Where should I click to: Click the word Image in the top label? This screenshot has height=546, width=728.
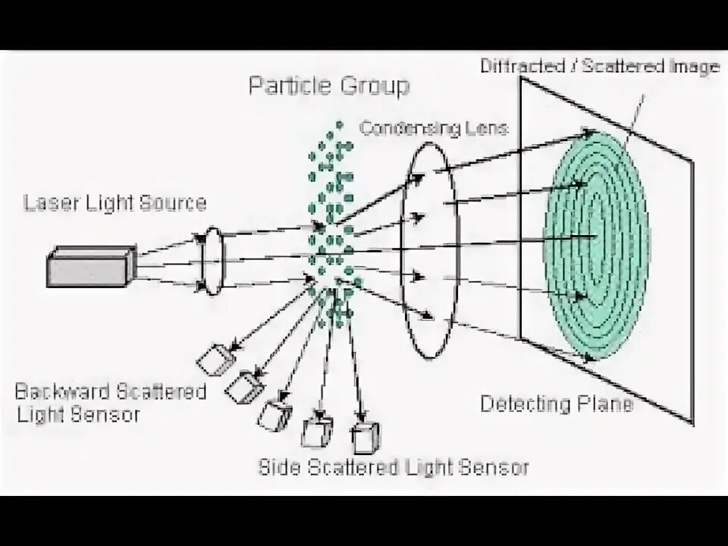pyautogui.click(x=694, y=66)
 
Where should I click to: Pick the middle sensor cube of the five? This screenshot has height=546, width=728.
pyautogui.click(x=274, y=414)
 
